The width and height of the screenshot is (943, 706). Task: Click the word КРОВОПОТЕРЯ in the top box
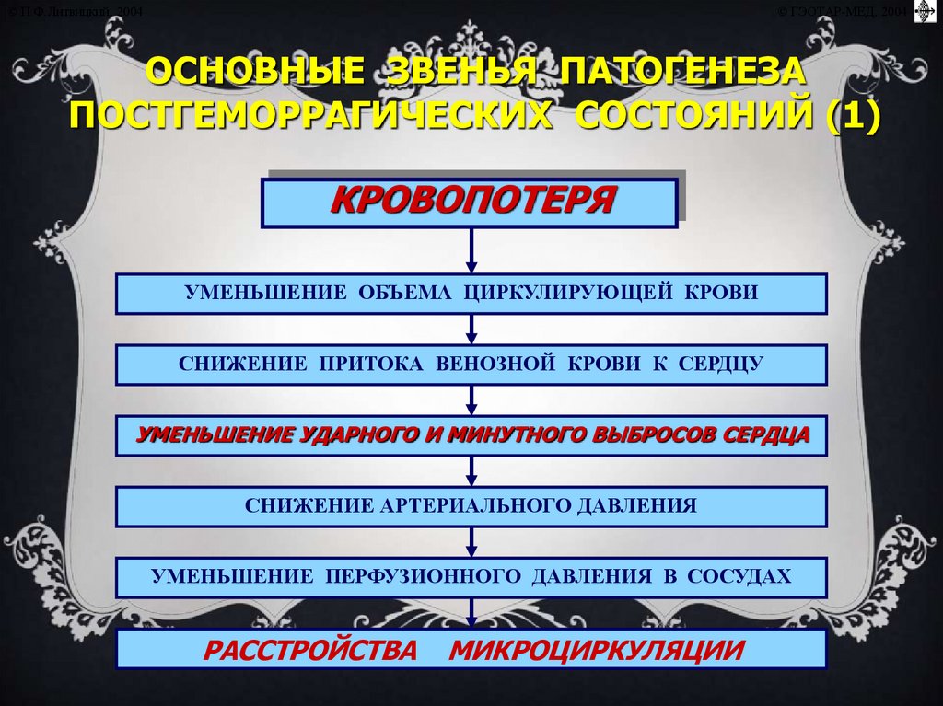click(471, 201)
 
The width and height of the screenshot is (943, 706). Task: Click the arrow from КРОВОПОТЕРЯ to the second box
click(471, 250)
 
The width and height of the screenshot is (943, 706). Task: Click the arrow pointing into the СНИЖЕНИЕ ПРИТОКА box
click(471, 329)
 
